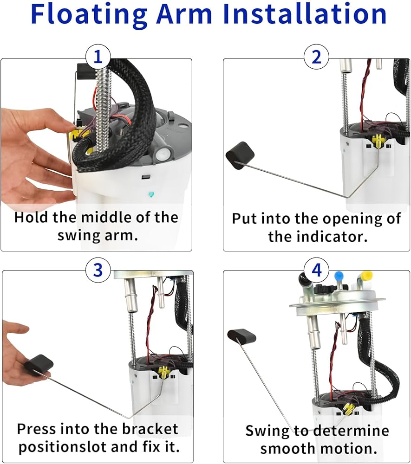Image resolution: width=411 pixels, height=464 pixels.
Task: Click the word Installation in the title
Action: (x=305, y=13)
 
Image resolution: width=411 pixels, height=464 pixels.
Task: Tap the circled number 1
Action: (x=98, y=57)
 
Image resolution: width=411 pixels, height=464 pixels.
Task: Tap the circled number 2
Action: (x=317, y=57)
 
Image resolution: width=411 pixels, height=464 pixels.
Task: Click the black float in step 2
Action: (x=240, y=155)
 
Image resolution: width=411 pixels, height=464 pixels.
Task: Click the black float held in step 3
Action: (x=39, y=365)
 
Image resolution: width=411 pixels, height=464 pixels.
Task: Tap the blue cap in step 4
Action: (x=339, y=276)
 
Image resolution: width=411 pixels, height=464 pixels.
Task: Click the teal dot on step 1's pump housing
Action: (x=151, y=194)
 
